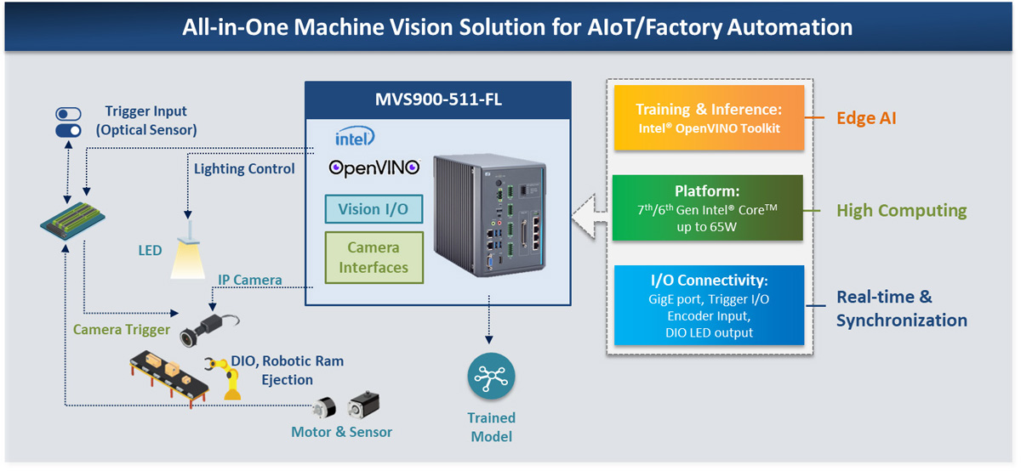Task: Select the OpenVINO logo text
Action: click(x=374, y=167)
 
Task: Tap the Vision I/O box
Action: click(x=374, y=209)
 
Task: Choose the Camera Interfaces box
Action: click(x=374, y=258)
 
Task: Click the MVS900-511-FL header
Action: click(x=437, y=99)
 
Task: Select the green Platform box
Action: click(x=708, y=208)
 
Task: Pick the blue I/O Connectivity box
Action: click(x=708, y=305)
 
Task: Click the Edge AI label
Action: click(x=867, y=118)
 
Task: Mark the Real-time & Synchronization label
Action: click(x=901, y=309)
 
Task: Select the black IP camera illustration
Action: click(x=204, y=327)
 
